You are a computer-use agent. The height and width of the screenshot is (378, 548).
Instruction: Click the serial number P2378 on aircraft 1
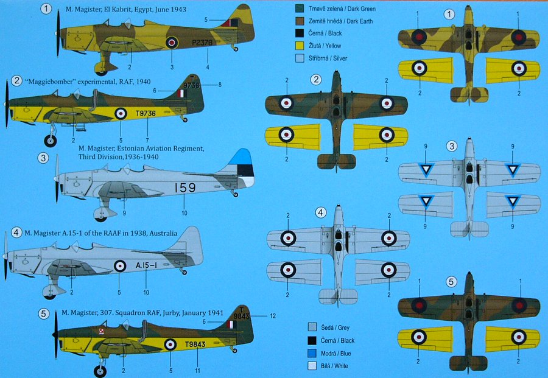pyautogui.click(x=202, y=43)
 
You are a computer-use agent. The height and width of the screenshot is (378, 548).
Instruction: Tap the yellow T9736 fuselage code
pyautogui.click(x=146, y=113)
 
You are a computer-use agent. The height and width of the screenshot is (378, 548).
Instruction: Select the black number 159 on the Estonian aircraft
pyautogui.click(x=185, y=188)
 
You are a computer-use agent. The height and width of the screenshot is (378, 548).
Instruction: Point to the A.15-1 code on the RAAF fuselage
pyautogui.click(x=146, y=265)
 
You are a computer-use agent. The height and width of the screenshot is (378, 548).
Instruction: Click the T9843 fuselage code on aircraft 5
pyautogui.click(x=195, y=345)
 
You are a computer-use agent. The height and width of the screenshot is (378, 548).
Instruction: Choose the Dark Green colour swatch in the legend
pyautogui.click(x=299, y=9)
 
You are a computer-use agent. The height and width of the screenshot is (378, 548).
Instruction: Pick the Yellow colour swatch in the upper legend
pyautogui.click(x=299, y=46)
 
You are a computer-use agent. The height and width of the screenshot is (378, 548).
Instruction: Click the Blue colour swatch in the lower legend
pyautogui.click(x=312, y=353)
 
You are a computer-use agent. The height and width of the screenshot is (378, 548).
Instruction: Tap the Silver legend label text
pyautogui.click(x=328, y=58)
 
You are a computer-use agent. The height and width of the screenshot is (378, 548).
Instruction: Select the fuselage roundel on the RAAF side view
pyautogui.click(x=120, y=266)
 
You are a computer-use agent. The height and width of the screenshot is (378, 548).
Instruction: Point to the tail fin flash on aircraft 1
pyautogui.click(x=230, y=23)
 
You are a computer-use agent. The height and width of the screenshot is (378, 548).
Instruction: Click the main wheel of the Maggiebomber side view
pyautogui.click(x=51, y=141)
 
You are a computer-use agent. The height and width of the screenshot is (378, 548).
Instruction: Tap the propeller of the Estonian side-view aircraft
pyautogui.click(x=57, y=178)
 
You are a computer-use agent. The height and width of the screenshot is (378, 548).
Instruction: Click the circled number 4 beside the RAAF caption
pyautogui.click(x=16, y=233)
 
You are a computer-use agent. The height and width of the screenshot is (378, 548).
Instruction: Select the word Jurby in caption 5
pyautogui.click(x=172, y=313)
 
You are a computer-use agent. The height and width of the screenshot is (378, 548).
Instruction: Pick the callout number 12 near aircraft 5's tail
pyautogui.click(x=273, y=316)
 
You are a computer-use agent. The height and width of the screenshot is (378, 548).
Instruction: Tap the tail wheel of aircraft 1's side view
pyautogui.click(x=236, y=49)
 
